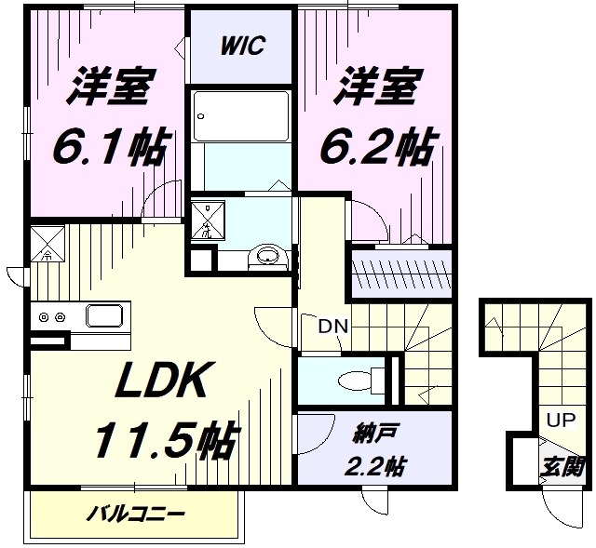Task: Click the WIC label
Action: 242,46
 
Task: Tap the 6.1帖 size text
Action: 110,147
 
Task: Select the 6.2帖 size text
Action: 377,147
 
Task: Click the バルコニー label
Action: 136,515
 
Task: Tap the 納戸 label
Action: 375,436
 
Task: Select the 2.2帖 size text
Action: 375,465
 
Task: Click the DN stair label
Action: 333,327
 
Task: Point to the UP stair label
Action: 561,420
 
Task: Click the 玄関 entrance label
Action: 562,467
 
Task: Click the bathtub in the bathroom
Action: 240,116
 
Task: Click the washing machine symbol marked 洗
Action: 208,221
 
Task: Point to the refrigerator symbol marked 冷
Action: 47,244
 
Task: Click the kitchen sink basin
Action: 104,315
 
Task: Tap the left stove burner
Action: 44,316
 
